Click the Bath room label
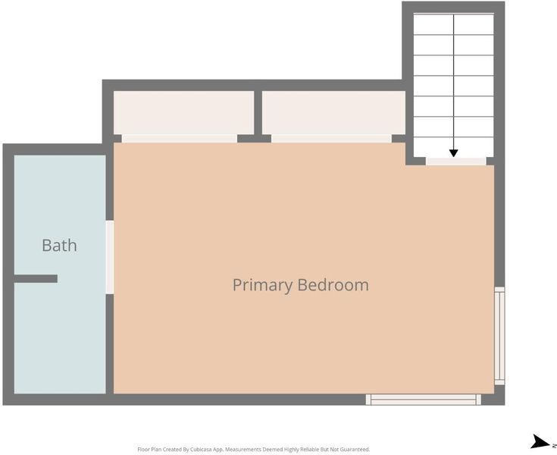point(59,245)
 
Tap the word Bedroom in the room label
point(333,284)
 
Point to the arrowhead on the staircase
point(453,153)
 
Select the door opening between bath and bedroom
point(110,257)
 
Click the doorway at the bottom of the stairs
point(455,161)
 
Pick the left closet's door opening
point(180,139)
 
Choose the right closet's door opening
point(331,139)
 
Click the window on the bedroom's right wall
point(499,335)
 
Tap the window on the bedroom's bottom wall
point(424,400)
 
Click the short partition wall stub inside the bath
point(36,279)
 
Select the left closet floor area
point(183,113)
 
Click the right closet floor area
point(333,113)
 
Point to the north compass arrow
point(540,441)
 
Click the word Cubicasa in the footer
point(201,450)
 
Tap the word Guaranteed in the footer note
point(355,450)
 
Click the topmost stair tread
point(454,24)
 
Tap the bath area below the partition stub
point(60,338)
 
